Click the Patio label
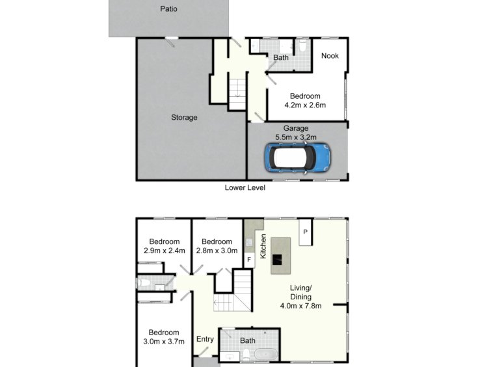(169, 9)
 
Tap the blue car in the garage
(297, 158)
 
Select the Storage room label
(184, 118)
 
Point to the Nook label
(330, 56)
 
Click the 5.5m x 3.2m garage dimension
(296, 137)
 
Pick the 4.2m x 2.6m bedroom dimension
(305, 105)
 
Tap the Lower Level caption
(245, 188)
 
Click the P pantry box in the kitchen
(305, 232)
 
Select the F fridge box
(249, 260)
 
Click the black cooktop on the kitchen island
(277, 260)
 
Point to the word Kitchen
(263, 246)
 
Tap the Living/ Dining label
(301, 292)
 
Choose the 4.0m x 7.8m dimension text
(301, 306)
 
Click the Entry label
(205, 339)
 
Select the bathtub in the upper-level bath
(266, 355)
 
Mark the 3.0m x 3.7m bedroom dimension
(164, 342)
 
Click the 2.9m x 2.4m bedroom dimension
(165, 251)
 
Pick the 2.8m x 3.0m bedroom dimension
(217, 251)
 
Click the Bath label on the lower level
(281, 57)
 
